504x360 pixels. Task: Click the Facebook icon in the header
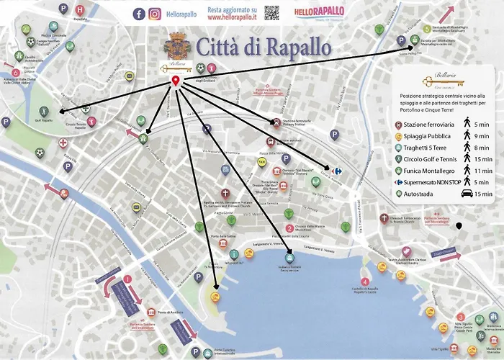139,13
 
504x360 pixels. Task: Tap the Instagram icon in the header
154,13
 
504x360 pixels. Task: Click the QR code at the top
271,12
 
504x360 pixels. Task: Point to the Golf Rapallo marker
42,112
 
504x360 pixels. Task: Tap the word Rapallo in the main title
295,47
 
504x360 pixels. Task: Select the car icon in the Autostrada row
467,194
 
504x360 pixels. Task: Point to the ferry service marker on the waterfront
289,256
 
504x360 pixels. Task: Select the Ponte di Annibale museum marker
153,312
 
